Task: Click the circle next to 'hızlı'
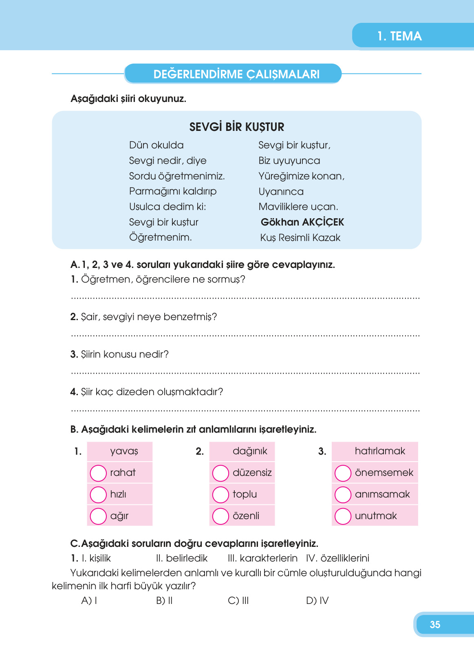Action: click(x=98, y=495)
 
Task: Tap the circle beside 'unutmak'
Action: click(x=343, y=516)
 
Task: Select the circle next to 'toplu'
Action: click(x=220, y=495)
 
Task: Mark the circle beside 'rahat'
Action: click(x=98, y=473)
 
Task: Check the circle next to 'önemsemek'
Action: click(x=343, y=473)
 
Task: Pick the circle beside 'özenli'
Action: click(x=220, y=516)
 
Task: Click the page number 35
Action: click(x=435, y=624)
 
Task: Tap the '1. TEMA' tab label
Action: click(x=399, y=36)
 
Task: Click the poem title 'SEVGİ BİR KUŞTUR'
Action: click(x=236, y=127)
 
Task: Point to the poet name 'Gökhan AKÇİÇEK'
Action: click(x=302, y=222)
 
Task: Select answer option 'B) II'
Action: click(x=164, y=601)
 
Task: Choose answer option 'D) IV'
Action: click(x=317, y=601)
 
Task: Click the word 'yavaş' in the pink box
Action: click(x=124, y=451)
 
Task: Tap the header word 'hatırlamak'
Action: click(x=380, y=451)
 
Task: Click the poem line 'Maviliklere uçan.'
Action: click(x=298, y=207)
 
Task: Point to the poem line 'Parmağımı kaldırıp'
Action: click(x=173, y=191)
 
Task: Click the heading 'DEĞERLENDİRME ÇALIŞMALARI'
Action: click(x=236, y=74)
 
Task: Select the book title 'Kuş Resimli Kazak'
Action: click(x=300, y=238)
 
